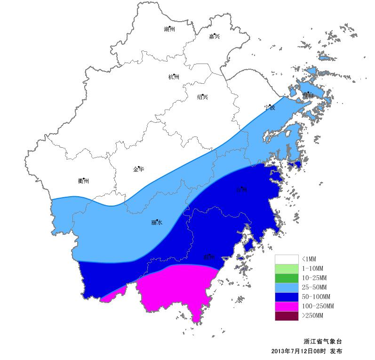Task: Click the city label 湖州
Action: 169,29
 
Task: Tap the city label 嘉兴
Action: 214,36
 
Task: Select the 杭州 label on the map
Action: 174,77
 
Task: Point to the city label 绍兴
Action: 202,97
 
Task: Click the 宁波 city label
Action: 269,107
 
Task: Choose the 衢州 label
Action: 83,181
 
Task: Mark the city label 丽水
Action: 157,223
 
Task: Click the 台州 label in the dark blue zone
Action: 241,190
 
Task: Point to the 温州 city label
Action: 209,257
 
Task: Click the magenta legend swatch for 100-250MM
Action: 287,306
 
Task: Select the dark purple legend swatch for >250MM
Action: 287,316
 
